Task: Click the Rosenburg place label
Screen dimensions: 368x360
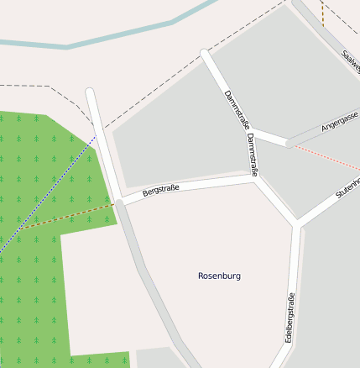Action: [219, 276]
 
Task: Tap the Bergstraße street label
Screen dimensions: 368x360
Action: [161, 192]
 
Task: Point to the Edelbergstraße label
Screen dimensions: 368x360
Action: [290, 317]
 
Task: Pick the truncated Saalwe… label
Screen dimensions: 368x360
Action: [350, 61]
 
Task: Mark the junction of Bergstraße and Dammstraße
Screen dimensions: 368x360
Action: [254, 178]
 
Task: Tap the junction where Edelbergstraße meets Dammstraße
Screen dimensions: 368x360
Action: [297, 224]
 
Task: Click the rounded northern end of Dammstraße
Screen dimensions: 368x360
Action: [206, 55]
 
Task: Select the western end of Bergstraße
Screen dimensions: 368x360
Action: [121, 202]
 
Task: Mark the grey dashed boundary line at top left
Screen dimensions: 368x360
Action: [42, 86]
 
